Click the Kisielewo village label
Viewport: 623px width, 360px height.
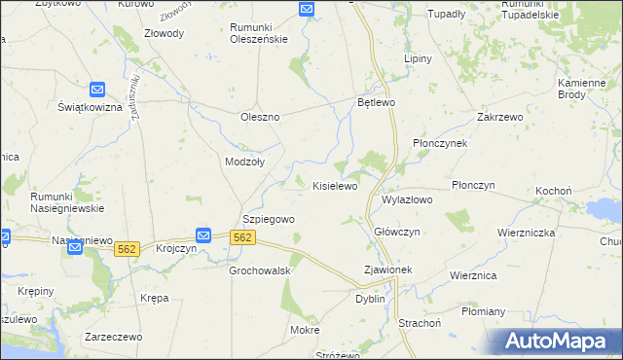[x=335, y=185]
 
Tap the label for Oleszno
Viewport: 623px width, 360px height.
[x=260, y=117]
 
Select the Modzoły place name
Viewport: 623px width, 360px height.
[x=243, y=162]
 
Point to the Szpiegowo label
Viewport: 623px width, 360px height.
[x=268, y=220]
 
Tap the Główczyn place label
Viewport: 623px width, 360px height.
[x=397, y=232]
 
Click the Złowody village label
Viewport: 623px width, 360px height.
[x=163, y=32]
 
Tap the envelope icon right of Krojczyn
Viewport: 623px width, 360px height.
[x=204, y=235]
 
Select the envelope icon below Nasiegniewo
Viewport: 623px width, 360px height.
[x=76, y=249]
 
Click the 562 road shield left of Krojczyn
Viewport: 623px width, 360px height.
[x=127, y=250]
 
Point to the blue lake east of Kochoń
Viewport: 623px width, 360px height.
[x=605, y=208]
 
